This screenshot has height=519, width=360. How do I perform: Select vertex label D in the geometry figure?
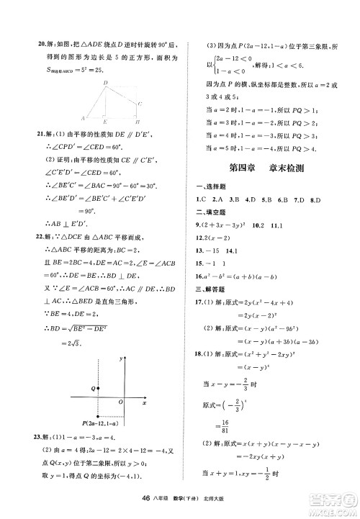pyautogui.click(x=105, y=83)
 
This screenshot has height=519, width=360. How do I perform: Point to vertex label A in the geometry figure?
pyautogui.click(x=82, y=117)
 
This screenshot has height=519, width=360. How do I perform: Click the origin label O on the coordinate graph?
pyautogui.click(x=120, y=402)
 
